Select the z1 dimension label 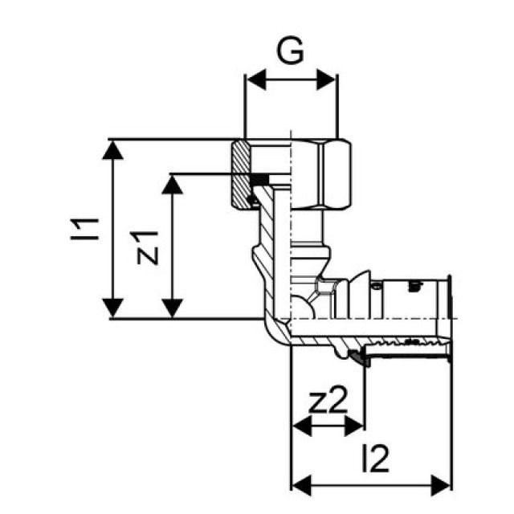(148, 246)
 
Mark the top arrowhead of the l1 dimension (114, 149)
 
